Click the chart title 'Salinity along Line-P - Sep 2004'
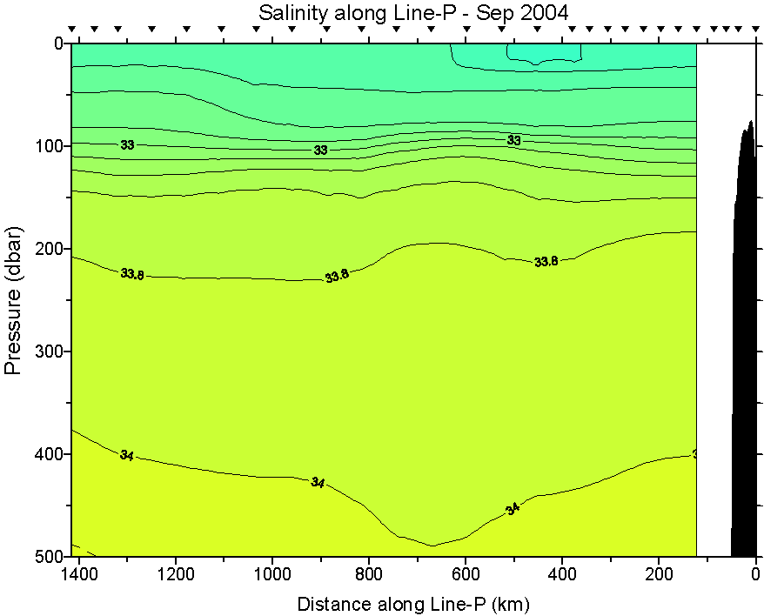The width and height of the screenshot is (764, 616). pyautogui.click(x=413, y=13)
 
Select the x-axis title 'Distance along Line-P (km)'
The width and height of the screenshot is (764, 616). pyautogui.click(x=413, y=603)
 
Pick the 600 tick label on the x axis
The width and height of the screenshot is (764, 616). pyautogui.click(x=466, y=575)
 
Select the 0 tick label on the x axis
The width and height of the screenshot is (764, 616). pyautogui.click(x=755, y=575)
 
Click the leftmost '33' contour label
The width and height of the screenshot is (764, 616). pyautogui.click(x=127, y=145)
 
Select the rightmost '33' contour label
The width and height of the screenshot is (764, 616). pyautogui.click(x=513, y=140)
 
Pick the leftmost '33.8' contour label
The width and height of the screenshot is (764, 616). pyautogui.click(x=132, y=274)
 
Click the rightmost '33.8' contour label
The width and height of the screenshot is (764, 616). pyautogui.click(x=546, y=261)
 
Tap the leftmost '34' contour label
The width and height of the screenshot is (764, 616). pyautogui.click(x=127, y=455)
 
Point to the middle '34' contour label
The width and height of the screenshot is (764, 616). pyautogui.click(x=318, y=482)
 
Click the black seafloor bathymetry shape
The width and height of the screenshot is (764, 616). pyautogui.click(x=744, y=365)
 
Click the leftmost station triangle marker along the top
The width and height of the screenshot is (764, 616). pyautogui.click(x=72, y=30)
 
